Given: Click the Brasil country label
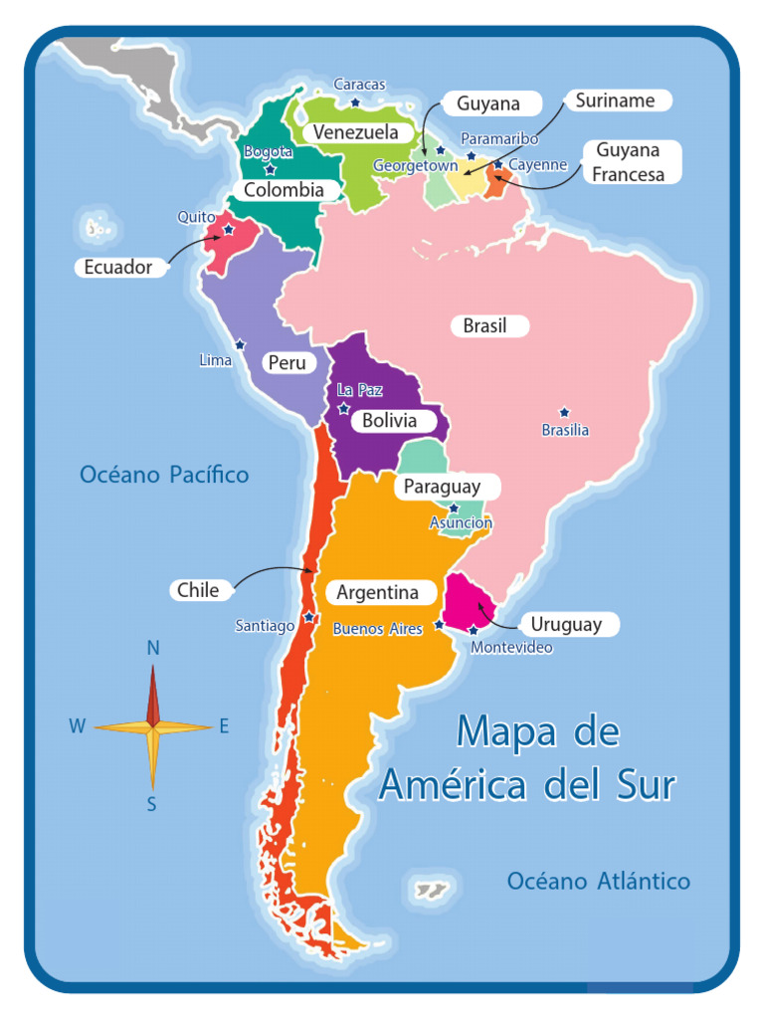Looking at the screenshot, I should tap(485, 326).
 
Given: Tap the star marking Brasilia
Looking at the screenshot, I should tap(564, 412).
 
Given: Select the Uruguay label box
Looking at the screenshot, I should tap(566, 625).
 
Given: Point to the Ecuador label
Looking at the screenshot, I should tap(118, 267).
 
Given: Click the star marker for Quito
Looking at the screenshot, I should tap(229, 229).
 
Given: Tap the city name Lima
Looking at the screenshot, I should tap(215, 360).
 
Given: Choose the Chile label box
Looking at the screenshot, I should tap(198, 589).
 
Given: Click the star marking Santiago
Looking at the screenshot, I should tap(309, 617).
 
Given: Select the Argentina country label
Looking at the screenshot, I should tap(378, 593).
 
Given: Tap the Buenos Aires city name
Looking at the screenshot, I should tap(377, 629).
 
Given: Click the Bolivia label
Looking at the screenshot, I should tap(389, 421).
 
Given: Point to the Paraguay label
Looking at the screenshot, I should tap(442, 487).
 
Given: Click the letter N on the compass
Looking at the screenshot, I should tap(153, 648).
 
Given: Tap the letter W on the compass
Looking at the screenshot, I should tap(77, 726).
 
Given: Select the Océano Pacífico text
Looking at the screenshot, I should tap(164, 475).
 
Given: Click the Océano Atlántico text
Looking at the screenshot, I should tap(598, 881).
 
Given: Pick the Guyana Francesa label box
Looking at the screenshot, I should tap(627, 161).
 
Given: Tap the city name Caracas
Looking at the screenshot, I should tap(359, 85).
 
